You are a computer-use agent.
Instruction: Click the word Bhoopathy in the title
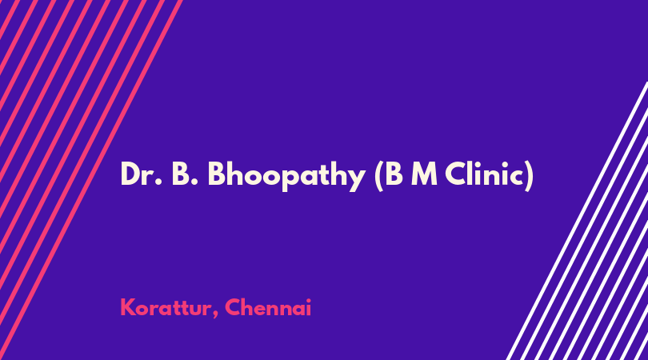286,176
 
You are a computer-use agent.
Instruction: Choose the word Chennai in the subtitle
268,308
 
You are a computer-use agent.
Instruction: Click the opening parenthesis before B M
379,177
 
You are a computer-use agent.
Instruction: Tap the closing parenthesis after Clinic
529,177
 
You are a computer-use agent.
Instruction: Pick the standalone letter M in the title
425,174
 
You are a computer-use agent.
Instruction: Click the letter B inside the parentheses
394,174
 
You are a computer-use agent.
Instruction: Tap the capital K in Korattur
128,308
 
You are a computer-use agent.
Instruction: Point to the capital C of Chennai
233,308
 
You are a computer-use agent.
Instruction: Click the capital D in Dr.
130,174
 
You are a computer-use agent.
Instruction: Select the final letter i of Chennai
308,307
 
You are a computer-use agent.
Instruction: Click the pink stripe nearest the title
90,180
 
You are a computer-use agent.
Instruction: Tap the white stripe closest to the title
578,221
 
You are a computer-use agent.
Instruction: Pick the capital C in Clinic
455,174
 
